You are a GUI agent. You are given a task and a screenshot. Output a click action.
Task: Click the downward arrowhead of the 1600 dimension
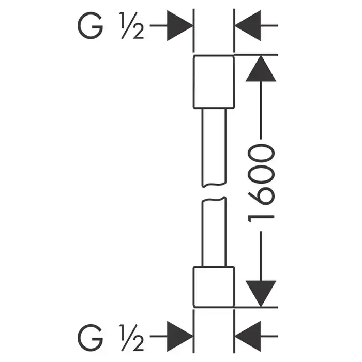click(260, 293)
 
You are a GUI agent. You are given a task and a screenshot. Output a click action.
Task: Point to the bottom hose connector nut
click(214, 286)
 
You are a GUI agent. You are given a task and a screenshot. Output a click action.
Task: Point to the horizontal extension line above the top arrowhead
click(259, 54)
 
